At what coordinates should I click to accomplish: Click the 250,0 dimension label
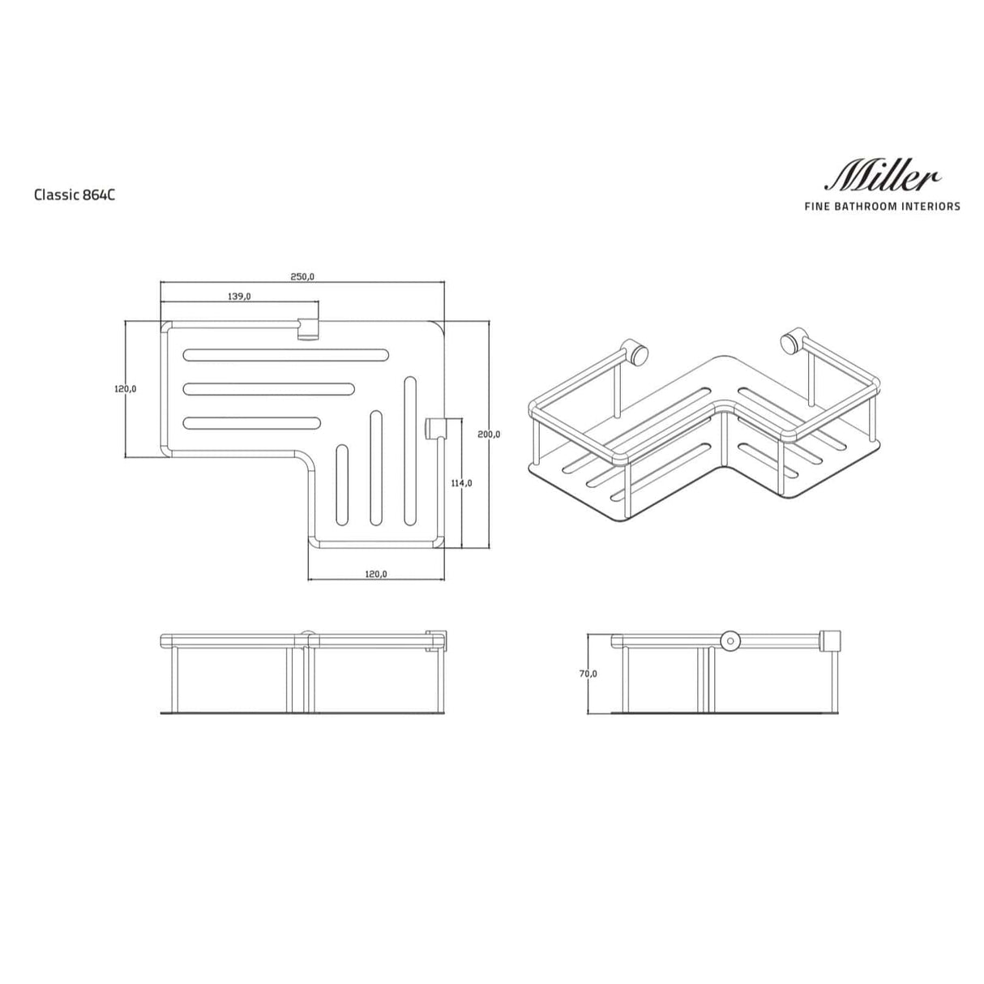pos(302,277)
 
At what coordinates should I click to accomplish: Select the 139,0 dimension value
pos(239,297)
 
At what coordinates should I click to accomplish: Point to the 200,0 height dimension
pos(489,434)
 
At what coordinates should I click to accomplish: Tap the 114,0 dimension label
pos(461,483)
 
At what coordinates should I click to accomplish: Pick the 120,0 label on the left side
pos(125,389)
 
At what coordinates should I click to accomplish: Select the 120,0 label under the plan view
pos(376,574)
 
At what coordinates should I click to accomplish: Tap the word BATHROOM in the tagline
pos(867,207)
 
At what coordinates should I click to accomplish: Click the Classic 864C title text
pos(69,195)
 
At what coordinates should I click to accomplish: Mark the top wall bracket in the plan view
pos(309,329)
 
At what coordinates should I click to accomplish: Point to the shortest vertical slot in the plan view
pos(342,486)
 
